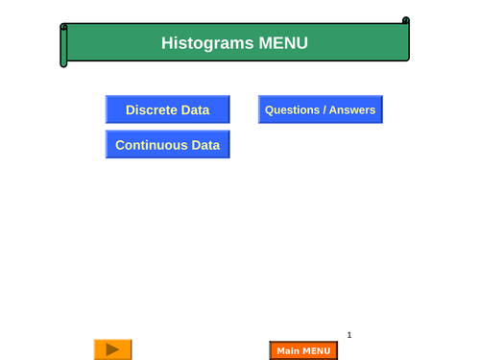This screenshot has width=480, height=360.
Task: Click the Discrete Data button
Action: [167, 109]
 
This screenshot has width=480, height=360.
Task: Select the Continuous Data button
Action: [167, 145]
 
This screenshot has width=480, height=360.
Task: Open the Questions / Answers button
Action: [321, 109]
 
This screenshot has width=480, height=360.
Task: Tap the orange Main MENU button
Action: [303, 350]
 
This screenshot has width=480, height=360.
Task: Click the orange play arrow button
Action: [112, 349]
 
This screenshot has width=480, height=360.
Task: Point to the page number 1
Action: [349, 335]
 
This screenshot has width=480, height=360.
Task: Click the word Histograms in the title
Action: [206, 43]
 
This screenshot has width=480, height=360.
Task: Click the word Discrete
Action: [152, 109]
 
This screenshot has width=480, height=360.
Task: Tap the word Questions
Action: [292, 109]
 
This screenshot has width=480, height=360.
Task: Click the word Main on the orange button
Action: [287, 350]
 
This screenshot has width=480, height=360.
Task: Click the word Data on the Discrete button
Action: [195, 109]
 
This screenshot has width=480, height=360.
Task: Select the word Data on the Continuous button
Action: [205, 145]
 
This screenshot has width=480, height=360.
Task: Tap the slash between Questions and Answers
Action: [324, 109]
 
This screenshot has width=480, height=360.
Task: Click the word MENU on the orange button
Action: [316, 350]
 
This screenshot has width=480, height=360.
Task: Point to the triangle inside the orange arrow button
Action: [113, 349]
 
